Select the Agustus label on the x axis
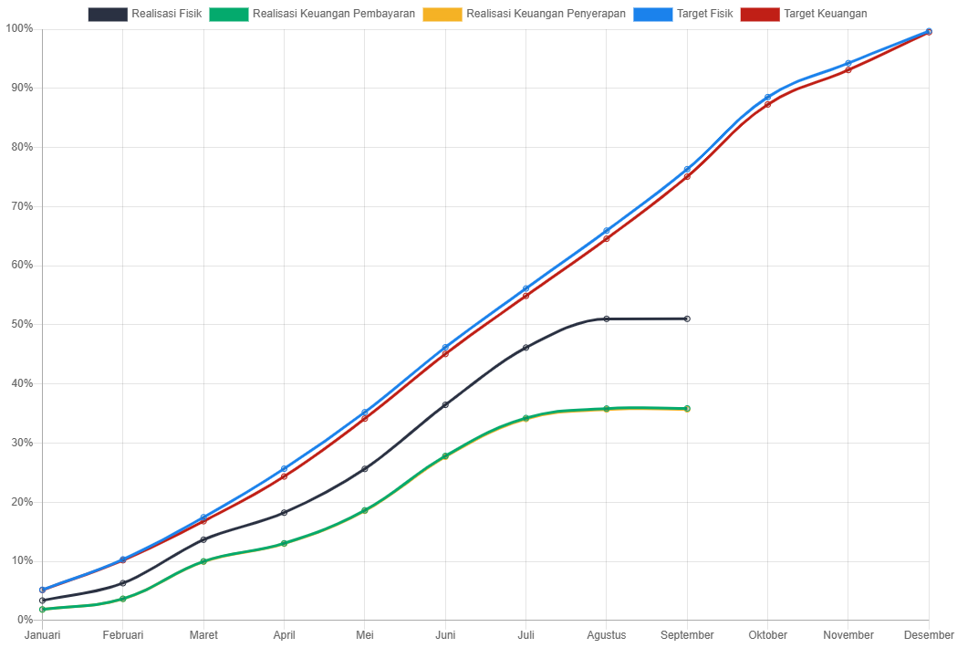tap(606, 635)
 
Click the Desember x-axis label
tap(929, 635)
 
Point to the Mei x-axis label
tap(365, 635)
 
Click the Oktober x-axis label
tap(767, 635)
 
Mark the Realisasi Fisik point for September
tap(687, 319)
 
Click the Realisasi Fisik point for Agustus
tap(607, 319)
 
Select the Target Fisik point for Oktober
tap(767, 98)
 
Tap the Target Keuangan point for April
tap(285, 476)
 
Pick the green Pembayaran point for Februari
tap(123, 599)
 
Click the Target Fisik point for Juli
tap(526, 288)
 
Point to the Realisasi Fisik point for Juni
tap(445, 404)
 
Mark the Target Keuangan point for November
tap(848, 69)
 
